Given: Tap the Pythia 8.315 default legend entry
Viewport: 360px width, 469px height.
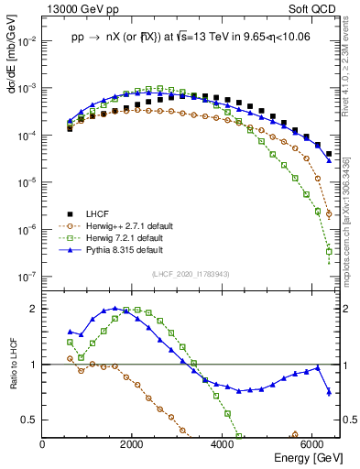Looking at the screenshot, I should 131,250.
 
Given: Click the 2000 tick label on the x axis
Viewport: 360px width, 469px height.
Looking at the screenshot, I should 133,442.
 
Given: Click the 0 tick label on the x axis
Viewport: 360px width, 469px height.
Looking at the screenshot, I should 43,442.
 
